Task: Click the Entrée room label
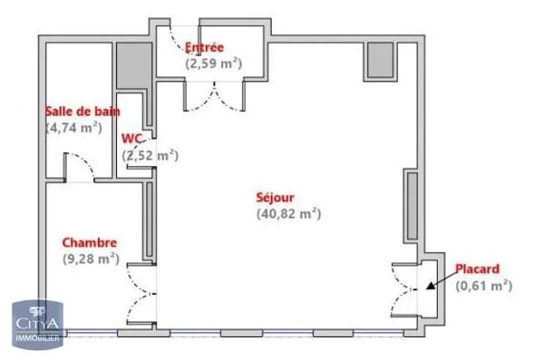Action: [204, 48]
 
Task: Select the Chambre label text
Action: [88, 242]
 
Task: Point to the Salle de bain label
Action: [83, 112]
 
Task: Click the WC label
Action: [133, 139]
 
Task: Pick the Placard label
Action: [476, 268]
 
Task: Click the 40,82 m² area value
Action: [289, 214]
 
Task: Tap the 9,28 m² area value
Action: [91, 258]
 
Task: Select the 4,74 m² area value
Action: [73, 127]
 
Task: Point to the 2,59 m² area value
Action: [214, 63]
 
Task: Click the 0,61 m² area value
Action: [483, 285]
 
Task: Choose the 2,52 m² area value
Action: [151, 155]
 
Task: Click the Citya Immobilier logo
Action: [35, 323]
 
